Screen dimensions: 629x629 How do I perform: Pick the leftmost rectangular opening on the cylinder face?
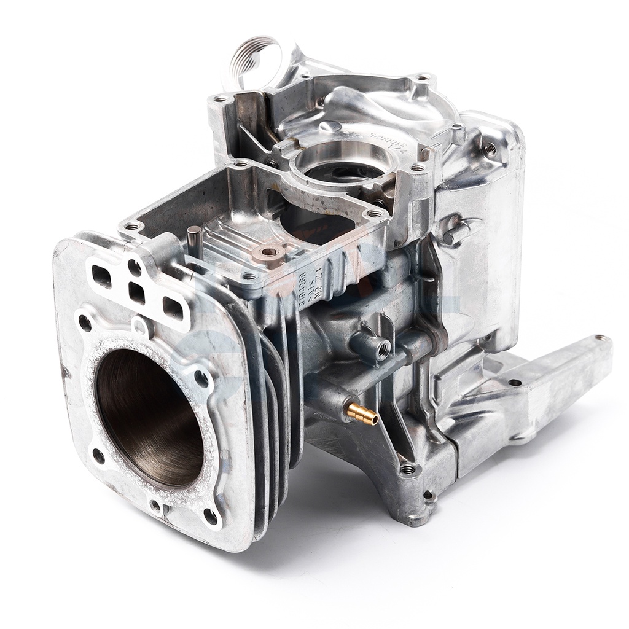(102, 276)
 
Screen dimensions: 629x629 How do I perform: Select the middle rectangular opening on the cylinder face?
(137, 294)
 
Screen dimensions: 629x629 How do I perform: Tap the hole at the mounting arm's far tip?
(600, 338)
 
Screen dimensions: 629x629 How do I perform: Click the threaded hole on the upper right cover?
(490, 147)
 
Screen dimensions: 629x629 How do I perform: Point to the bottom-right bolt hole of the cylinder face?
(210, 516)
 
